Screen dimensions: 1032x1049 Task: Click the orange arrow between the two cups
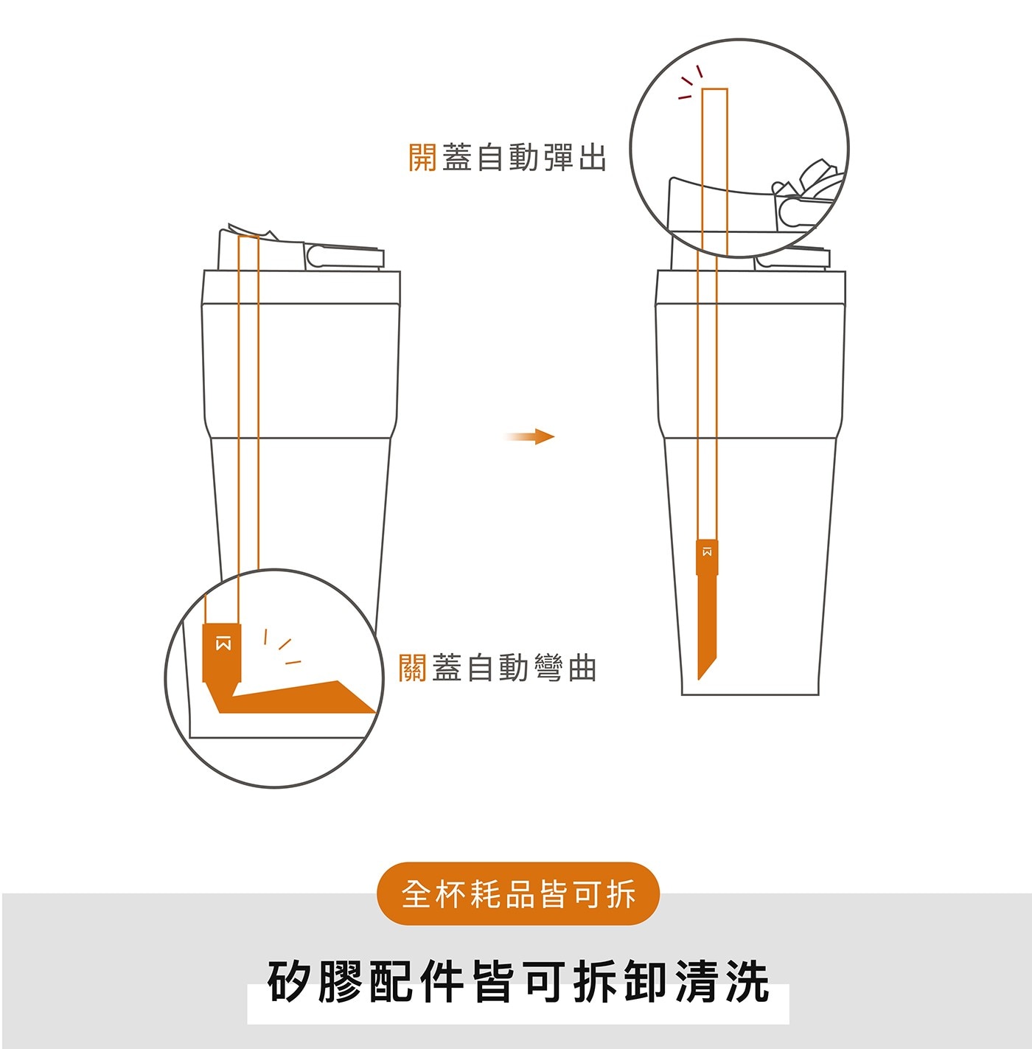click(x=529, y=436)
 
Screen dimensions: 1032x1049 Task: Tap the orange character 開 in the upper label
click(x=422, y=158)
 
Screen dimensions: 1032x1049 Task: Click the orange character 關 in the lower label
click(x=412, y=668)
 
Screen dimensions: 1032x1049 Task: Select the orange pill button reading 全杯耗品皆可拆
click(x=518, y=893)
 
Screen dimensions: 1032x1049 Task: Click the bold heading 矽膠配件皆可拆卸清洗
click(x=518, y=980)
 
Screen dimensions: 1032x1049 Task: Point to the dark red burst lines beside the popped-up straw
click(x=689, y=83)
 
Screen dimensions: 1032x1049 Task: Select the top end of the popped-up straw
click(x=714, y=88)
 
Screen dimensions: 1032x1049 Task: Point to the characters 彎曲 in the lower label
click(x=565, y=668)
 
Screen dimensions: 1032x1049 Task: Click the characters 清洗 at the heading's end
click(x=721, y=980)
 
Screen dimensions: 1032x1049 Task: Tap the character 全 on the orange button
click(x=417, y=893)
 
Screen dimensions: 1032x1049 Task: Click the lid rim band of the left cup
click(x=301, y=287)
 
